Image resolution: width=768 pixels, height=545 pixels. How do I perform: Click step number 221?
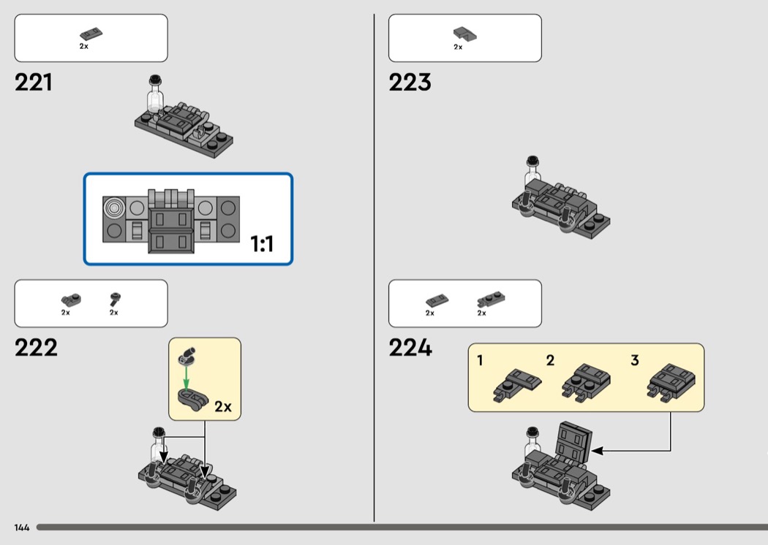pyautogui.click(x=34, y=83)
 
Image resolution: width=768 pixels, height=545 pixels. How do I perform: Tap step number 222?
pyautogui.click(x=36, y=348)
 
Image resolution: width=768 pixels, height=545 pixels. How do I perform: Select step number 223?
pyautogui.click(x=410, y=83)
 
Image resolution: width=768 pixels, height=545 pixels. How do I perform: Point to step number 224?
pyautogui.click(x=410, y=348)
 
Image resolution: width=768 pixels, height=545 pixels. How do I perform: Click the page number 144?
pyautogui.click(x=22, y=527)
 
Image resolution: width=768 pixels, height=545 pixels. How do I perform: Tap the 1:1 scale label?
pyautogui.click(x=262, y=243)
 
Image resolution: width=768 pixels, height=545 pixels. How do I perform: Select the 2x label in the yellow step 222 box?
pyautogui.click(x=223, y=406)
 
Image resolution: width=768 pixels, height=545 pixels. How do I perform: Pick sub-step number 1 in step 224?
pyautogui.click(x=480, y=361)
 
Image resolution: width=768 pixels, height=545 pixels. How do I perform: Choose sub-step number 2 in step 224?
pyautogui.click(x=550, y=361)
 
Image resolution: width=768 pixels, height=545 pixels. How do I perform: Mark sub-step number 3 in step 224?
pyautogui.click(x=635, y=361)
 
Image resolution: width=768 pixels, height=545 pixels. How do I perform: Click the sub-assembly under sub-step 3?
pyautogui.click(x=671, y=382)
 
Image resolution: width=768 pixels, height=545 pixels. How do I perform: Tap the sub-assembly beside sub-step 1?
pyautogui.click(x=517, y=385)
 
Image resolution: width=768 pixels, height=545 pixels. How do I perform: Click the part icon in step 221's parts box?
pyautogui.click(x=91, y=34)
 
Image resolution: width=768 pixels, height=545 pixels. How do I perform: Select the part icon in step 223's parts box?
pyautogui.click(x=464, y=34)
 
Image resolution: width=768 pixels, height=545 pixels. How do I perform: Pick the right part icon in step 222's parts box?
pyautogui.click(x=115, y=300)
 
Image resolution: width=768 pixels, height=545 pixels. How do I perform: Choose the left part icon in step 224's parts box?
pyautogui.click(x=437, y=300)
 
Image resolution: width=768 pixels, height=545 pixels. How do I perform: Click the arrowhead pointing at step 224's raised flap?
pyautogui.click(x=597, y=451)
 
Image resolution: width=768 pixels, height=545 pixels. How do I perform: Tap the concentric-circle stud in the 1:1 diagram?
pyautogui.click(x=114, y=208)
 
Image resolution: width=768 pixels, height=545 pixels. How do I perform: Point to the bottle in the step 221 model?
pyautogui.click(x=155, y=96)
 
